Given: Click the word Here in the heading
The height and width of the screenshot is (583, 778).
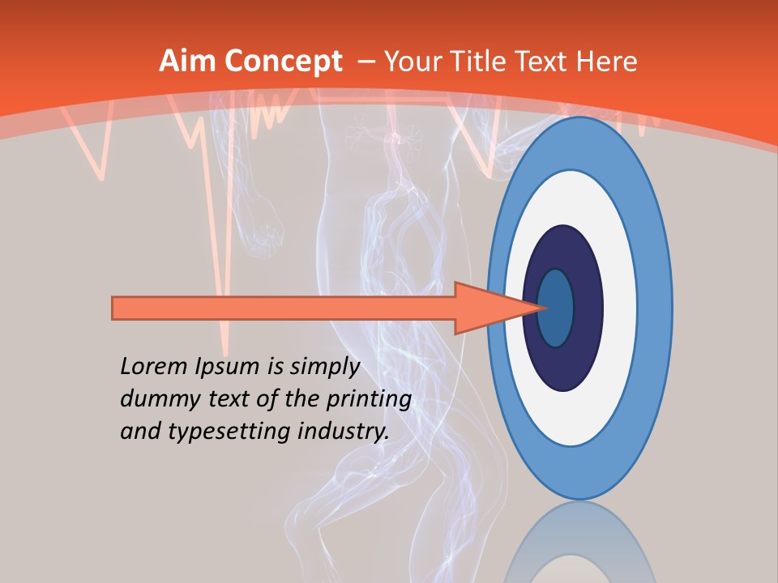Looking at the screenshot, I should pos(607,62).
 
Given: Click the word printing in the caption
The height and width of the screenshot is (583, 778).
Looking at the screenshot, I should pos(370,400).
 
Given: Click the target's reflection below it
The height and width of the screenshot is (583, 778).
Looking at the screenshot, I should pos(579,547).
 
